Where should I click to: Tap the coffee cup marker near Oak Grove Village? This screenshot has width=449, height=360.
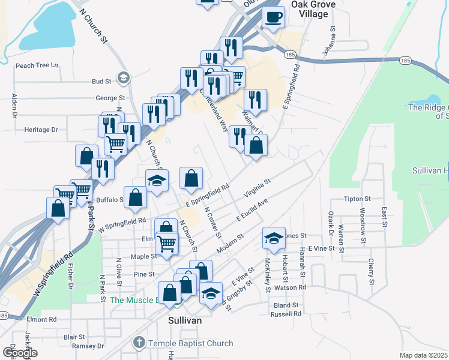point(274,17)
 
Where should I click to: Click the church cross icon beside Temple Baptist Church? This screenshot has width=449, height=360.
point(139,343)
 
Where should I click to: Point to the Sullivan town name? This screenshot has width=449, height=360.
point(184,320)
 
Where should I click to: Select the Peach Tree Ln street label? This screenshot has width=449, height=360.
point(37,65)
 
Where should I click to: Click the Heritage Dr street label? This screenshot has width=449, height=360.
point(41,129)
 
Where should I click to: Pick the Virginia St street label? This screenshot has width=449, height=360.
point(258,187)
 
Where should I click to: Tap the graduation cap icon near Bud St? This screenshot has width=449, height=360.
point(124,77)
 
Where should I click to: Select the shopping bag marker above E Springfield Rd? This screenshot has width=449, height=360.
point(191,178)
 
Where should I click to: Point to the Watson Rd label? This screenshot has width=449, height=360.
point(290,287)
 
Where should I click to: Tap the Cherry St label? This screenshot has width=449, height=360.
point(372,272)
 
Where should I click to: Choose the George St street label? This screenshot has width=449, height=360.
point(110,98)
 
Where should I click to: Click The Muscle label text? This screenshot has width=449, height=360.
point(133,300)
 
